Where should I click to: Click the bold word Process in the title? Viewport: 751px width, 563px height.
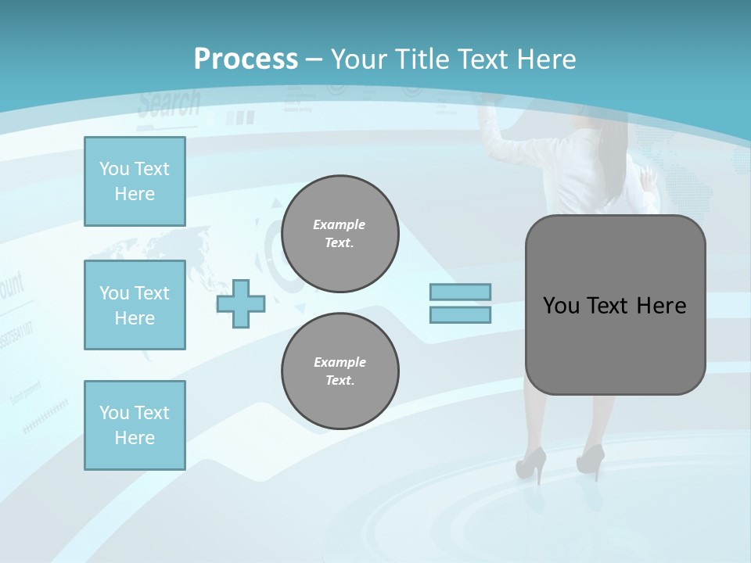[246, 59]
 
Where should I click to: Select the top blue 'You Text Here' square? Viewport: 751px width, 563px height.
[135, 181]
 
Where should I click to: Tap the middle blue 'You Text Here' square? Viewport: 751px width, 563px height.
[135, 305]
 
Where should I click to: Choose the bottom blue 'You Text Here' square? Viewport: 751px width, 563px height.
[135, 425]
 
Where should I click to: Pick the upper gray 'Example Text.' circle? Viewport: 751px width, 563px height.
[340, 234]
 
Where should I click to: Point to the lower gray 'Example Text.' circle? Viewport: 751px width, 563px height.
[340, 371]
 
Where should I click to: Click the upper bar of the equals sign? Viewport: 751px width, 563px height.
[461, 292]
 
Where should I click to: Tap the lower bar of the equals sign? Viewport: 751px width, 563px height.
[461, 315]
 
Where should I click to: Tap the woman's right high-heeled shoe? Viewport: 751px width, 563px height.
[591, 459]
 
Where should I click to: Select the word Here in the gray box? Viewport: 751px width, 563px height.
[661, 306]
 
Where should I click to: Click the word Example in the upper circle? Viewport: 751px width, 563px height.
[340, 224]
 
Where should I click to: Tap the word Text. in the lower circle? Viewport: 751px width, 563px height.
[340, 381]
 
